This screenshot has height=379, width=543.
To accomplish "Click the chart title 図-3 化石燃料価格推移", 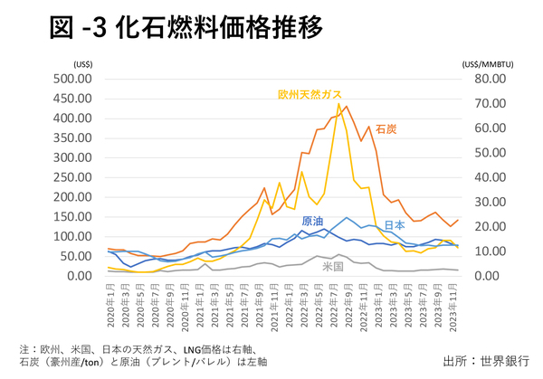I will tap(186, 29).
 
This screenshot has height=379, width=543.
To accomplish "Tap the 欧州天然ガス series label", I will tap(310, 93).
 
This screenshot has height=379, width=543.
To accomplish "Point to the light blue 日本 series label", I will tap(395, 224).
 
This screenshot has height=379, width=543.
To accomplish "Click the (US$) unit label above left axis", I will tap(81, 63).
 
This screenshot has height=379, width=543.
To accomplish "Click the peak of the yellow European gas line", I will tap(339, 103).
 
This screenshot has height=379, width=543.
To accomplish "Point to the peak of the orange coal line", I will tap(346, 107).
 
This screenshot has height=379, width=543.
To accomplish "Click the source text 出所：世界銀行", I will tap(487, 360).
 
